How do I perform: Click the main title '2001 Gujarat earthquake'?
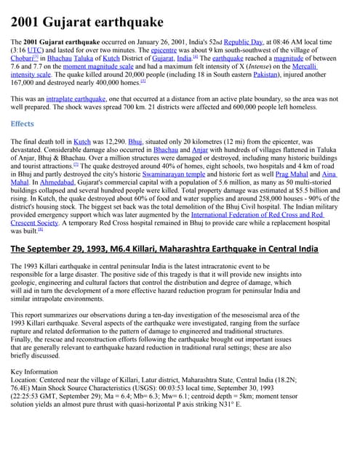pos(87,21)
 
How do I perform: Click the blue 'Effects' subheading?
pos(23,124)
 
